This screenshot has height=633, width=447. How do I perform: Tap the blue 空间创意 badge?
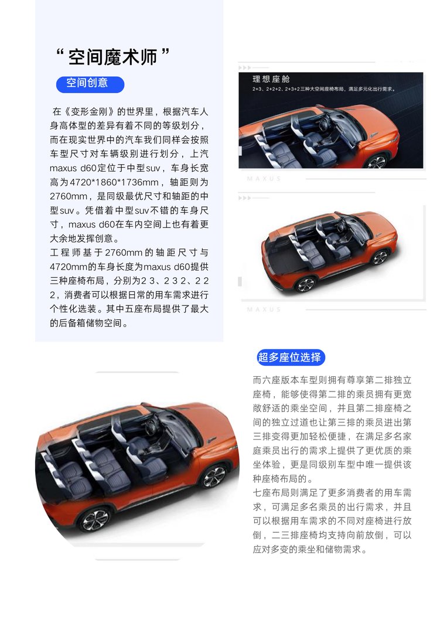pyautogui.click(x=90, y=83)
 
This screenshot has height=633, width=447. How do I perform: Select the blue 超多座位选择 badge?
pyautogui.click(x=290, y=357)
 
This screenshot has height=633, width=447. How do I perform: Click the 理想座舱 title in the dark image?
pyautogui.click(x=272, y=79)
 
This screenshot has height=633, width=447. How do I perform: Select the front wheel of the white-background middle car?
pyautogui.click(x=379, y=257)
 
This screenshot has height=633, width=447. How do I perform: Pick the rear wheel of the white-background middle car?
pyautogui.click(x=305, y=284)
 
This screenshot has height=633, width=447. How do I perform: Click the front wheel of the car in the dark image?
pyautogui.click(x=377, y=161)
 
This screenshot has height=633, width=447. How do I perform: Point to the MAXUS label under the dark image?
pyautogui.click(x=264, y=179)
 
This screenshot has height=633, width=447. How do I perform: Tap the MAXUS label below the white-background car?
pyautogui.click(x=264, y=309)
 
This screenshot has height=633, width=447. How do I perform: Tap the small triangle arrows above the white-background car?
pyautogui.click(x=244, y=198)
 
